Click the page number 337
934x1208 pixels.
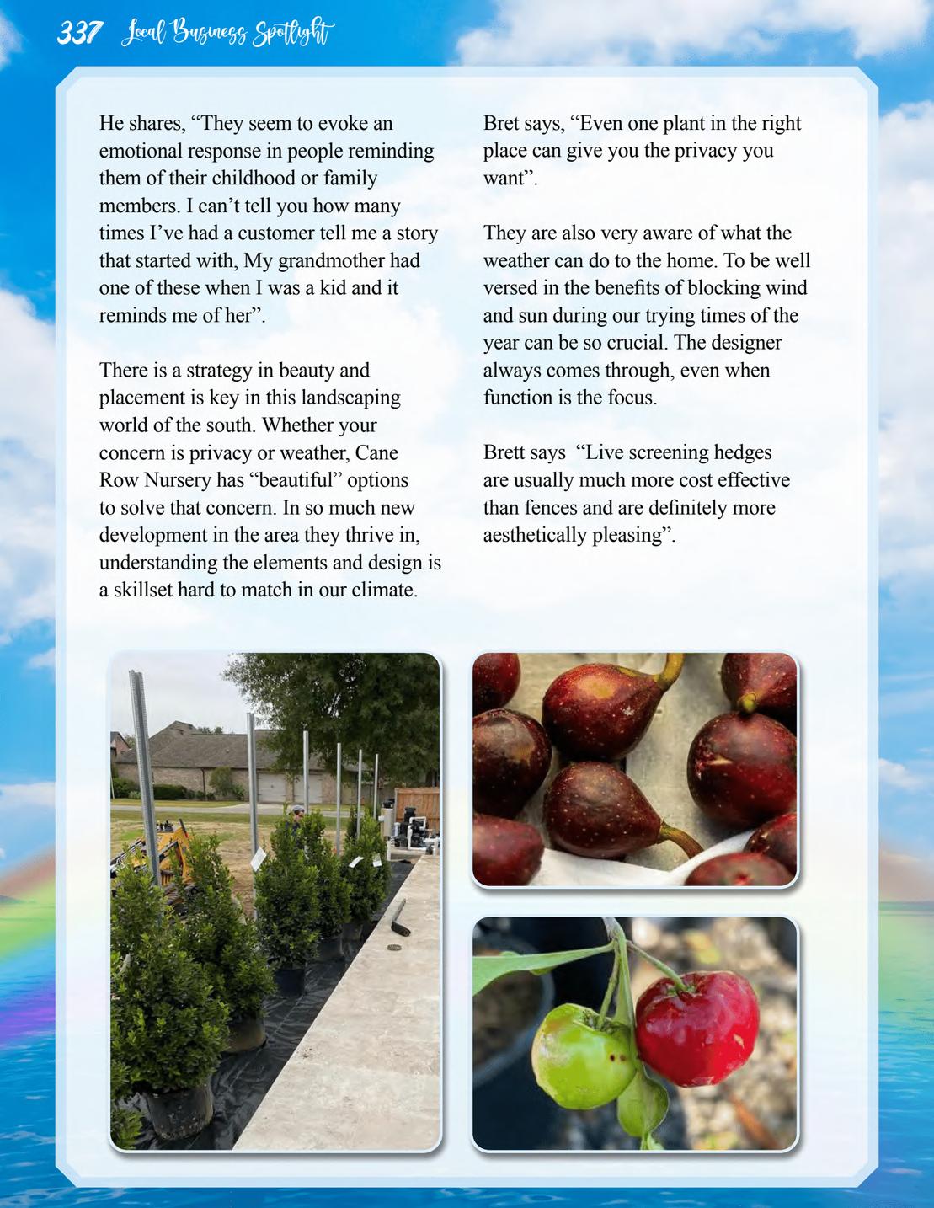79,34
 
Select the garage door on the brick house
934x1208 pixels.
273,788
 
